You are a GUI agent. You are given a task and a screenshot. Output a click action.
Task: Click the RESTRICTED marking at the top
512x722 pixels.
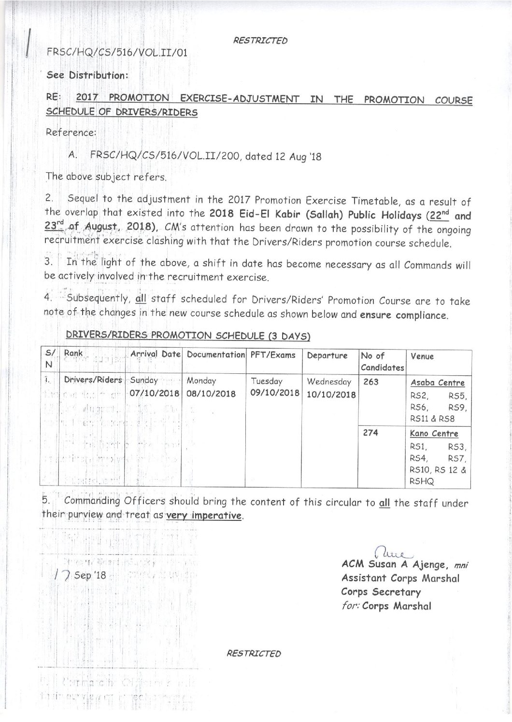(260, 41)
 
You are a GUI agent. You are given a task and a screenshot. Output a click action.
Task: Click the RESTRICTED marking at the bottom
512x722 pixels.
(253, 654)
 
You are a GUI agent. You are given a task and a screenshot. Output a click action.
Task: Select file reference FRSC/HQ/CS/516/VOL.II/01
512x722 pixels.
(116, 52)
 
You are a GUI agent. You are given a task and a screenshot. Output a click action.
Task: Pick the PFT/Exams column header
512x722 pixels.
(272, 355)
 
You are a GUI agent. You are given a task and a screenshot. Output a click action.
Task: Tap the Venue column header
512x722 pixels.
(422, 357)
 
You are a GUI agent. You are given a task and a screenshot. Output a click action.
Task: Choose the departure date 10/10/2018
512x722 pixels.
(330, 395)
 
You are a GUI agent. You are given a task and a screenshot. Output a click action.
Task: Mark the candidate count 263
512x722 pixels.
(367, 382)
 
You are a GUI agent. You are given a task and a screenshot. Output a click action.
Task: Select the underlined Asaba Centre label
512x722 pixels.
(438, 383)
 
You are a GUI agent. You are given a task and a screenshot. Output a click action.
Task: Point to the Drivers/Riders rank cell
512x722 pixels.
(93, 380)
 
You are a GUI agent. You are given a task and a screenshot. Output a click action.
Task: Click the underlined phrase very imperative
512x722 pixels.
(203, 516)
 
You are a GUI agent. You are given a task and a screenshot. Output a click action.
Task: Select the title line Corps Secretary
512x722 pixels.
(381, 592)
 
